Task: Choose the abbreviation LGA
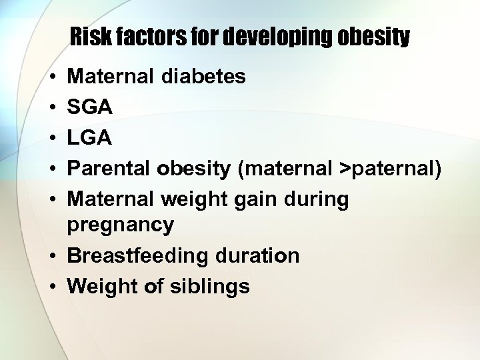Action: [89, 137]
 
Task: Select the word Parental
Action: [110, 168]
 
